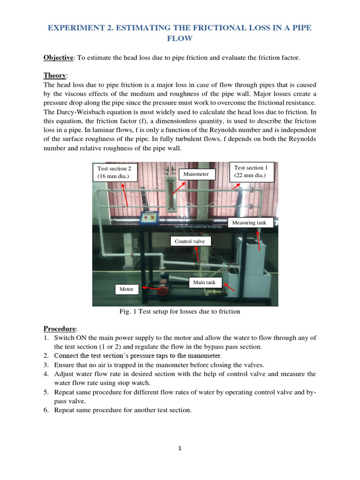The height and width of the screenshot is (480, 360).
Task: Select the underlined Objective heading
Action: (59, 58)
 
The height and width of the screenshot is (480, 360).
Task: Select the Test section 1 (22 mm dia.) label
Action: (251, 172)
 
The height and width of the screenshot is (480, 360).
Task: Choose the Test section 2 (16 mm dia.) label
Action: (115, 172)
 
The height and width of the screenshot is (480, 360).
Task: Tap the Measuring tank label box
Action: (249, 223)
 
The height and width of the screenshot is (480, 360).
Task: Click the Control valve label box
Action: (190, 241)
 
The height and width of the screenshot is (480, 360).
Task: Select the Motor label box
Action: (127, 289)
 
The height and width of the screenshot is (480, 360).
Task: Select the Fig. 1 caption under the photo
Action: (180, 312)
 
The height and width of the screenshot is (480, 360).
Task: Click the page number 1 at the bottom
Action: (180, 448)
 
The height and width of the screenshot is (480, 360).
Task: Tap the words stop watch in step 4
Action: (129, 383)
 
